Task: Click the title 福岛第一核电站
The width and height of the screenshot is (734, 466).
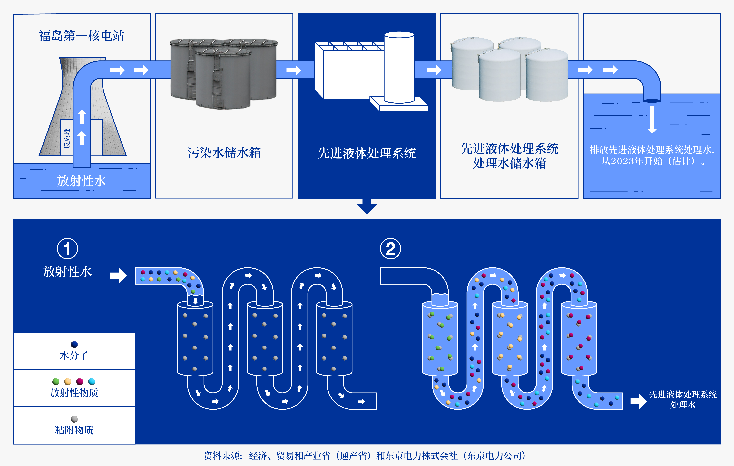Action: [x=81, y=36]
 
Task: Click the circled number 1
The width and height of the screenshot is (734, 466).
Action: [x=67, y=249]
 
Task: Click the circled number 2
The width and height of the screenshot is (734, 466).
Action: [x=390, y=249]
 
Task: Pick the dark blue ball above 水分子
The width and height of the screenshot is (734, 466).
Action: [x=74, y=344]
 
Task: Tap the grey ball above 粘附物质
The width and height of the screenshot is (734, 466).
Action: [x=74, y=419]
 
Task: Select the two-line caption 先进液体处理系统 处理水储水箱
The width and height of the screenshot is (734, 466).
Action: [x=509, y=156]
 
